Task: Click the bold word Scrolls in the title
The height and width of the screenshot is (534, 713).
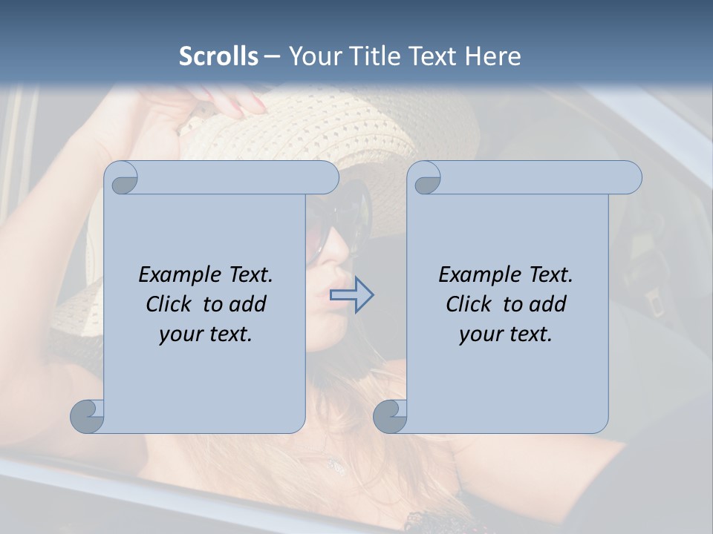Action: pyautogui.click(x=218, y=56)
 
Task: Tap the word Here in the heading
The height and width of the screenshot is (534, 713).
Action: pyautogui.click(x=493, y=56)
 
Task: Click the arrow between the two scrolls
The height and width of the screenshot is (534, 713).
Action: pyautogui.click(x=351, y=295)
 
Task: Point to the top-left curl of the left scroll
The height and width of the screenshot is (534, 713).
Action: pyautogui.click(x=123, y=178)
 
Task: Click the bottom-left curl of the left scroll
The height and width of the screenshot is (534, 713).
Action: pyautogui.click(x=88, y=416)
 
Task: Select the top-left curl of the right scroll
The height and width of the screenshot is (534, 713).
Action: pyautogui.click(x=426, y=179)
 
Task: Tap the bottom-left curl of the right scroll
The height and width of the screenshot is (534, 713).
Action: pyautogui.click(x=390, y=416)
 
